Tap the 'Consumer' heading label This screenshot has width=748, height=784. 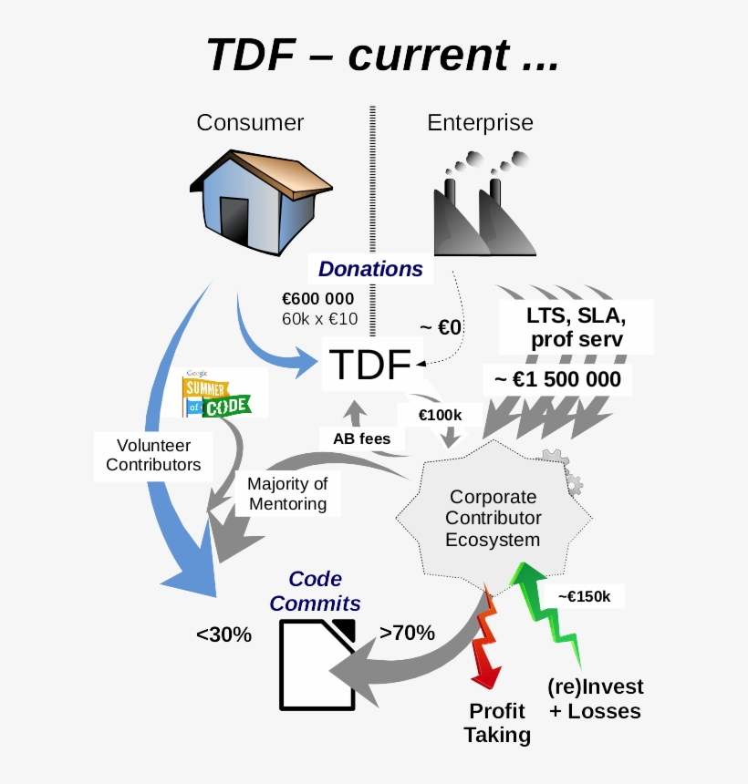point(250,122)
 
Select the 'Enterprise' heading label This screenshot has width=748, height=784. point(480,122)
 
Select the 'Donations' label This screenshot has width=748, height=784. point(370,269)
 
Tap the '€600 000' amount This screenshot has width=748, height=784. point(318,299)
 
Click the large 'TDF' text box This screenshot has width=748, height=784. point(370,365)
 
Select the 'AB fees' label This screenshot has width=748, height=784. point(361,438)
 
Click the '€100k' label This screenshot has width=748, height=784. point(440,415)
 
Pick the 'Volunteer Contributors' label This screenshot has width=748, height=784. point(153,455)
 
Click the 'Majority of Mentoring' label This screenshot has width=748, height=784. point(287,493)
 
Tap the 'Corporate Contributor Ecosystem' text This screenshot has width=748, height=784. point(493,519)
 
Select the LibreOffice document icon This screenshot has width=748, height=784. point(317,663)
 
